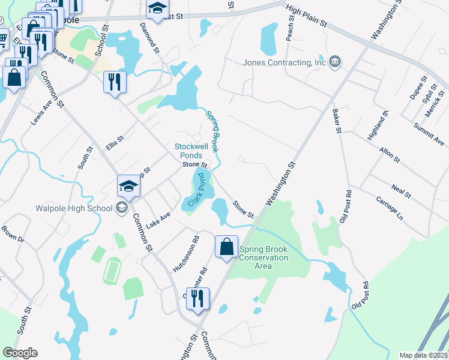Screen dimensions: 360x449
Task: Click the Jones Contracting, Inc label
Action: tap(283, 62)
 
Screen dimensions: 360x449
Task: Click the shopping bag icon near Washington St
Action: tap(226, 247)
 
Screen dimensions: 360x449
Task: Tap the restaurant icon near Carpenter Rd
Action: tap(197, 298)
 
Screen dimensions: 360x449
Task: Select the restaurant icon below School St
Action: tap(114, 81)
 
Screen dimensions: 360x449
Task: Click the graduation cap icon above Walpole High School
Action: tap(129, 187)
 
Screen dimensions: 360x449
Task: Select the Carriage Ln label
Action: tap(389, 208)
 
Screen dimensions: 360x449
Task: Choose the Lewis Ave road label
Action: tap(41, 113)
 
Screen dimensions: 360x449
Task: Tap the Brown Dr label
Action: tap(12, 234)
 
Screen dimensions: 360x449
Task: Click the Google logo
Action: tap(20, 353)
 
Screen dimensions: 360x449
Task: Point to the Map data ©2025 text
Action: tap(423, 355)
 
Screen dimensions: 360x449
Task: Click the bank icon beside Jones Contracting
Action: tap(334, 61)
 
